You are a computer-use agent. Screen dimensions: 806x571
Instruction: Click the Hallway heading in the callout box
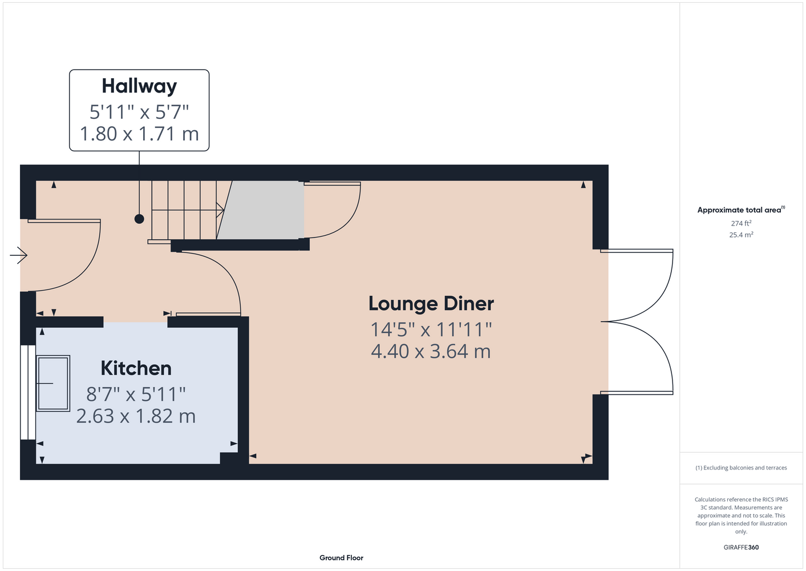139,86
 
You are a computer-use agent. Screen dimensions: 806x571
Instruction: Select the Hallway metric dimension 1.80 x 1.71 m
139,134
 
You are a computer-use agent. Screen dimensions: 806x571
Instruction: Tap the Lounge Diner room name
431,303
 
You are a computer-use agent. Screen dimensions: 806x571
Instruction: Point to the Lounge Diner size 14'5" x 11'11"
431,329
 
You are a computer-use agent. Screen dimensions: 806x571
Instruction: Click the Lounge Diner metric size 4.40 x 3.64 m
431,351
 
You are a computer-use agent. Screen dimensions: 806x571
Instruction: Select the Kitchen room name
136,368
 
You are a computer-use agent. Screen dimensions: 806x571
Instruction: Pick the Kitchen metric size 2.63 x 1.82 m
136,416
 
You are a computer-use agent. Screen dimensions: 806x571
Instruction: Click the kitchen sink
53,383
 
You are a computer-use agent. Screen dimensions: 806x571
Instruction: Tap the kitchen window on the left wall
28,392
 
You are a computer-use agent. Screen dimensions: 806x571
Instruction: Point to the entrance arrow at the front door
19,255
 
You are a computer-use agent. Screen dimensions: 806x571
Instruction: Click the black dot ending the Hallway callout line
139,219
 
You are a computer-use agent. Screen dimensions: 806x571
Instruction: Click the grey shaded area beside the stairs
260,210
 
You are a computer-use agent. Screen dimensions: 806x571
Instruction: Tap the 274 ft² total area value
741,223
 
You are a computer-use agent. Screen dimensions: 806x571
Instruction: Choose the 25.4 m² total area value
741,235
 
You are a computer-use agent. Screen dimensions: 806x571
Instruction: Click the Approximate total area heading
741,210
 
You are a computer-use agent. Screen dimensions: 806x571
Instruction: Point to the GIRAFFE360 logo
741,547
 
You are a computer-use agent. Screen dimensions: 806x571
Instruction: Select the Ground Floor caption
342,558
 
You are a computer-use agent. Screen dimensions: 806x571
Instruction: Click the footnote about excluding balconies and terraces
741,468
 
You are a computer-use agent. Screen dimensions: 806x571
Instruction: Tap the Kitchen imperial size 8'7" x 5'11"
136,394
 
